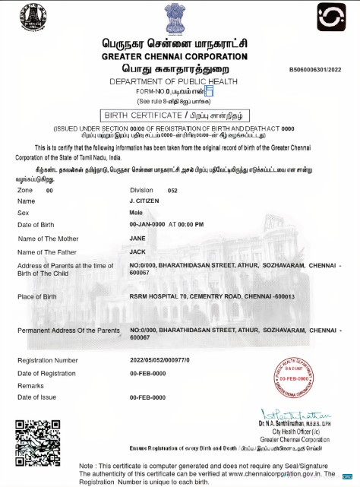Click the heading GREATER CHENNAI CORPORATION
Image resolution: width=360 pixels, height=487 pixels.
click(x=175, y=58)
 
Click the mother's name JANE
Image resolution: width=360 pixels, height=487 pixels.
click(x=137, y=238)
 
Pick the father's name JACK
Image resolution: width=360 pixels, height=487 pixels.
click(x=137, y=251)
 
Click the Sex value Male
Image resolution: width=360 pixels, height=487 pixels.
click(x=136, y=213)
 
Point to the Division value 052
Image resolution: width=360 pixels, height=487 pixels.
click(x=172, y=190)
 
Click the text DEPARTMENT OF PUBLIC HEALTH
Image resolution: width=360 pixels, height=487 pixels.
click(x=173, y=81)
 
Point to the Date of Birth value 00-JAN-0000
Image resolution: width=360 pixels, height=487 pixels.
click(x=148, y=226)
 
